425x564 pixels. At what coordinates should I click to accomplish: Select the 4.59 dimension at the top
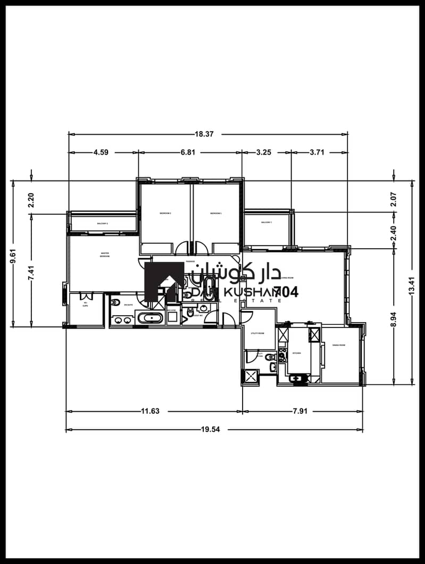click(x=101, y=152)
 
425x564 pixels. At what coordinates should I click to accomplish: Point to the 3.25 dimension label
click(x=264, y=152)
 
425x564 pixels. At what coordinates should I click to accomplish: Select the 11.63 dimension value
click(x=150, y=411)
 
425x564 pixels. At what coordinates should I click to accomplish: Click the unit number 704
click(x=286, y=292)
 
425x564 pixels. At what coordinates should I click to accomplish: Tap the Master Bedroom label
click(x=104, y=255)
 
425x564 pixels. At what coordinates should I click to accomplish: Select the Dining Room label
click(x=339, y=346)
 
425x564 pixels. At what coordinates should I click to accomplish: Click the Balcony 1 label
click(x=266, y=222)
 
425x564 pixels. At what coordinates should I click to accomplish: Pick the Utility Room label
click(x=257, y=333)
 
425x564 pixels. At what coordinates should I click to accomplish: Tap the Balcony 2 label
click(x=103, y=223)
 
